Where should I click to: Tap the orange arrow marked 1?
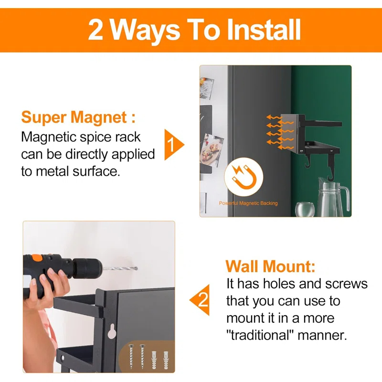[x=173, y=144]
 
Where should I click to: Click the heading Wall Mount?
[x=270, y=265]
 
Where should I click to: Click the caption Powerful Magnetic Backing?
[x=248, y=203]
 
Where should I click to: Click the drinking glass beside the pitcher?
[x=304, y=209]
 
